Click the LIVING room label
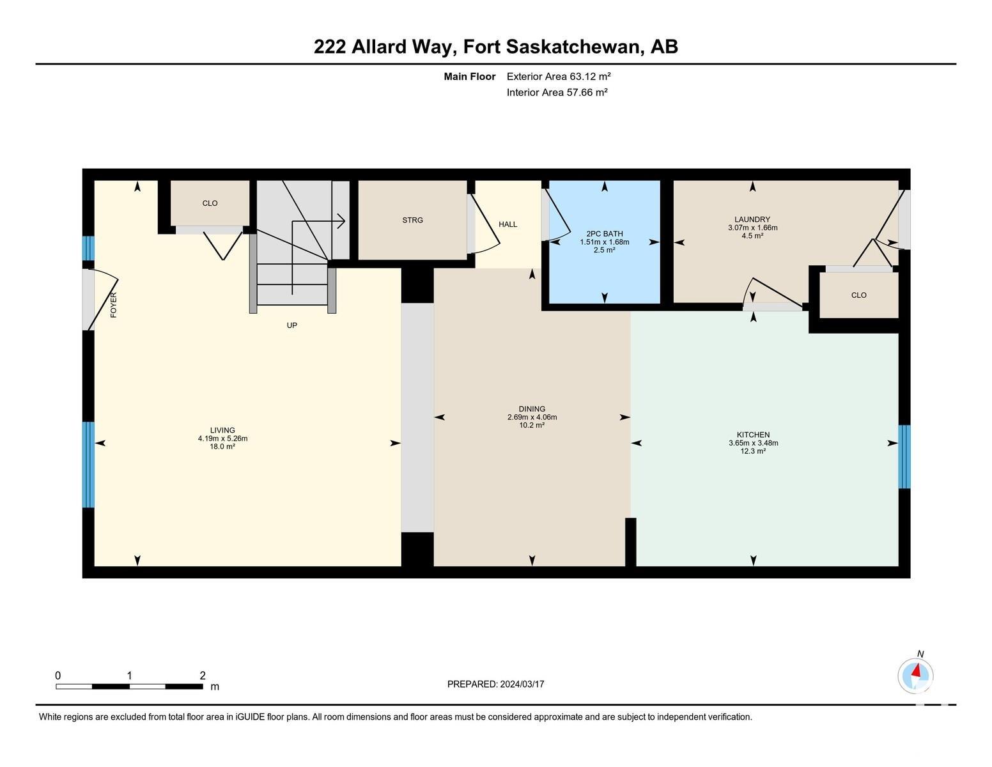pos(222,430)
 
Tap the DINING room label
pos(532,409)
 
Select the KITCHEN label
pos(753,435)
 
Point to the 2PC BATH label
pos(605,233)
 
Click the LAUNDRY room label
pos(752,219)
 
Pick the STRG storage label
pos(413,220)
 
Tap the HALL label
pos(508,224)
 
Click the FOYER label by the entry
pos(113,305)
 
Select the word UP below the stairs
pos(291,325)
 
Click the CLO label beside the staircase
pos(210,203)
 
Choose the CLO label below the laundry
pos(858,295)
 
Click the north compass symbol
pos(916,676)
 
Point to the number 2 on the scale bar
pos(203,676)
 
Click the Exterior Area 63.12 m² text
pos(558,76)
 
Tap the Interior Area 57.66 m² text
pos(557,92)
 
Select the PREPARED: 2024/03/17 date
pos(495,684)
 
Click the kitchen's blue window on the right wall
pos(904,457)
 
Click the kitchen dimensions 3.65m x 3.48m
pos(753,443)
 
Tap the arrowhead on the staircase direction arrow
pos(341,221)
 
